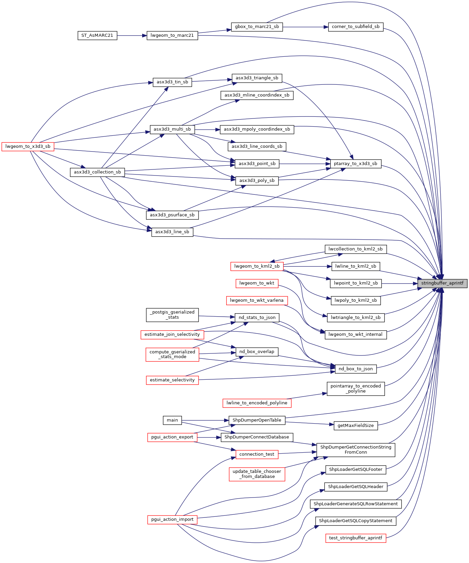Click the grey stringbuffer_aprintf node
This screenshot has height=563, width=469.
click(x=442, y=284)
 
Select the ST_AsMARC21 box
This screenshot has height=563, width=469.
click(x=97, y=35)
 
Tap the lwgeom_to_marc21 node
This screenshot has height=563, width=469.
click(x=172, y=35)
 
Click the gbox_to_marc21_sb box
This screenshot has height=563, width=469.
click(x=257, y=27)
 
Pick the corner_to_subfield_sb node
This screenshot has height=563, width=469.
click(x=356, y=27)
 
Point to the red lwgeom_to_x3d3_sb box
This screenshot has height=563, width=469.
click(x=28, y=146)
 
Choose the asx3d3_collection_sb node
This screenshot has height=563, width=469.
click(x=97, y=172)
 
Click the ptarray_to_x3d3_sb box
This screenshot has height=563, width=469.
click(x=356, y=164)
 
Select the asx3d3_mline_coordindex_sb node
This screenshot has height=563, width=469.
click(x=257, y=95)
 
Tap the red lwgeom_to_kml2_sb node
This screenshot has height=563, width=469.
click(x=257, y=266)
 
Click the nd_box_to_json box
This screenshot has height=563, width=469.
click(x=356, y=369)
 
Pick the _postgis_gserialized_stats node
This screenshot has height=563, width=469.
click(x=172, y=315)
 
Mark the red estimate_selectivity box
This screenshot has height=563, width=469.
click(x=172, y=380)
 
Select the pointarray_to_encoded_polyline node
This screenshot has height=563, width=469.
click(x=356, y=388)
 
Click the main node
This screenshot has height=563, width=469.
click(x=172, y=420)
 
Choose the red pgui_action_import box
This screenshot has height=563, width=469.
click(x=172, y=519)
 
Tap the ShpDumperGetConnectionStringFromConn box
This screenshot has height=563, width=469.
click(x=356, y=450)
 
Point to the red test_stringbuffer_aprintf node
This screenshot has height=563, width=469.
click(x=356, y=538)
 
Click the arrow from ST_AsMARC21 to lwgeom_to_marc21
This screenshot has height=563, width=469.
click(x=132, y=35)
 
